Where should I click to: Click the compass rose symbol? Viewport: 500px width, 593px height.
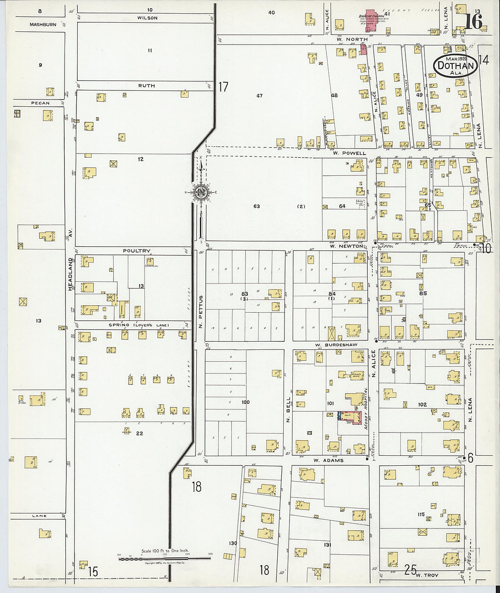200,193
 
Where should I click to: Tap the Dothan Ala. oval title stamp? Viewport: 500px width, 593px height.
455,66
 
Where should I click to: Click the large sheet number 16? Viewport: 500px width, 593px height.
473,21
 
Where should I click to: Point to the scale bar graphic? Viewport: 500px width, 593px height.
165,558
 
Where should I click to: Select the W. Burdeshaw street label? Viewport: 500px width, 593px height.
335,345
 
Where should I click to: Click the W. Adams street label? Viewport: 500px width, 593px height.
328,460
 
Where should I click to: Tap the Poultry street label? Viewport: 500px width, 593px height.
136,251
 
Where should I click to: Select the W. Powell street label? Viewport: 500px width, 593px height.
349,153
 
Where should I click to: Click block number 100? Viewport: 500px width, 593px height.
245,402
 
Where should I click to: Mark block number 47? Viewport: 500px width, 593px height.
260,96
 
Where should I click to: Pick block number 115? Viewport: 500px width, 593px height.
421,514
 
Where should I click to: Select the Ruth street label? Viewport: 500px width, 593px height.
146,85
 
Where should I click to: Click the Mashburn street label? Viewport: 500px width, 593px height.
43,25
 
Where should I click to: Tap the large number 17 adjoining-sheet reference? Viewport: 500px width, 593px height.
223,86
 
